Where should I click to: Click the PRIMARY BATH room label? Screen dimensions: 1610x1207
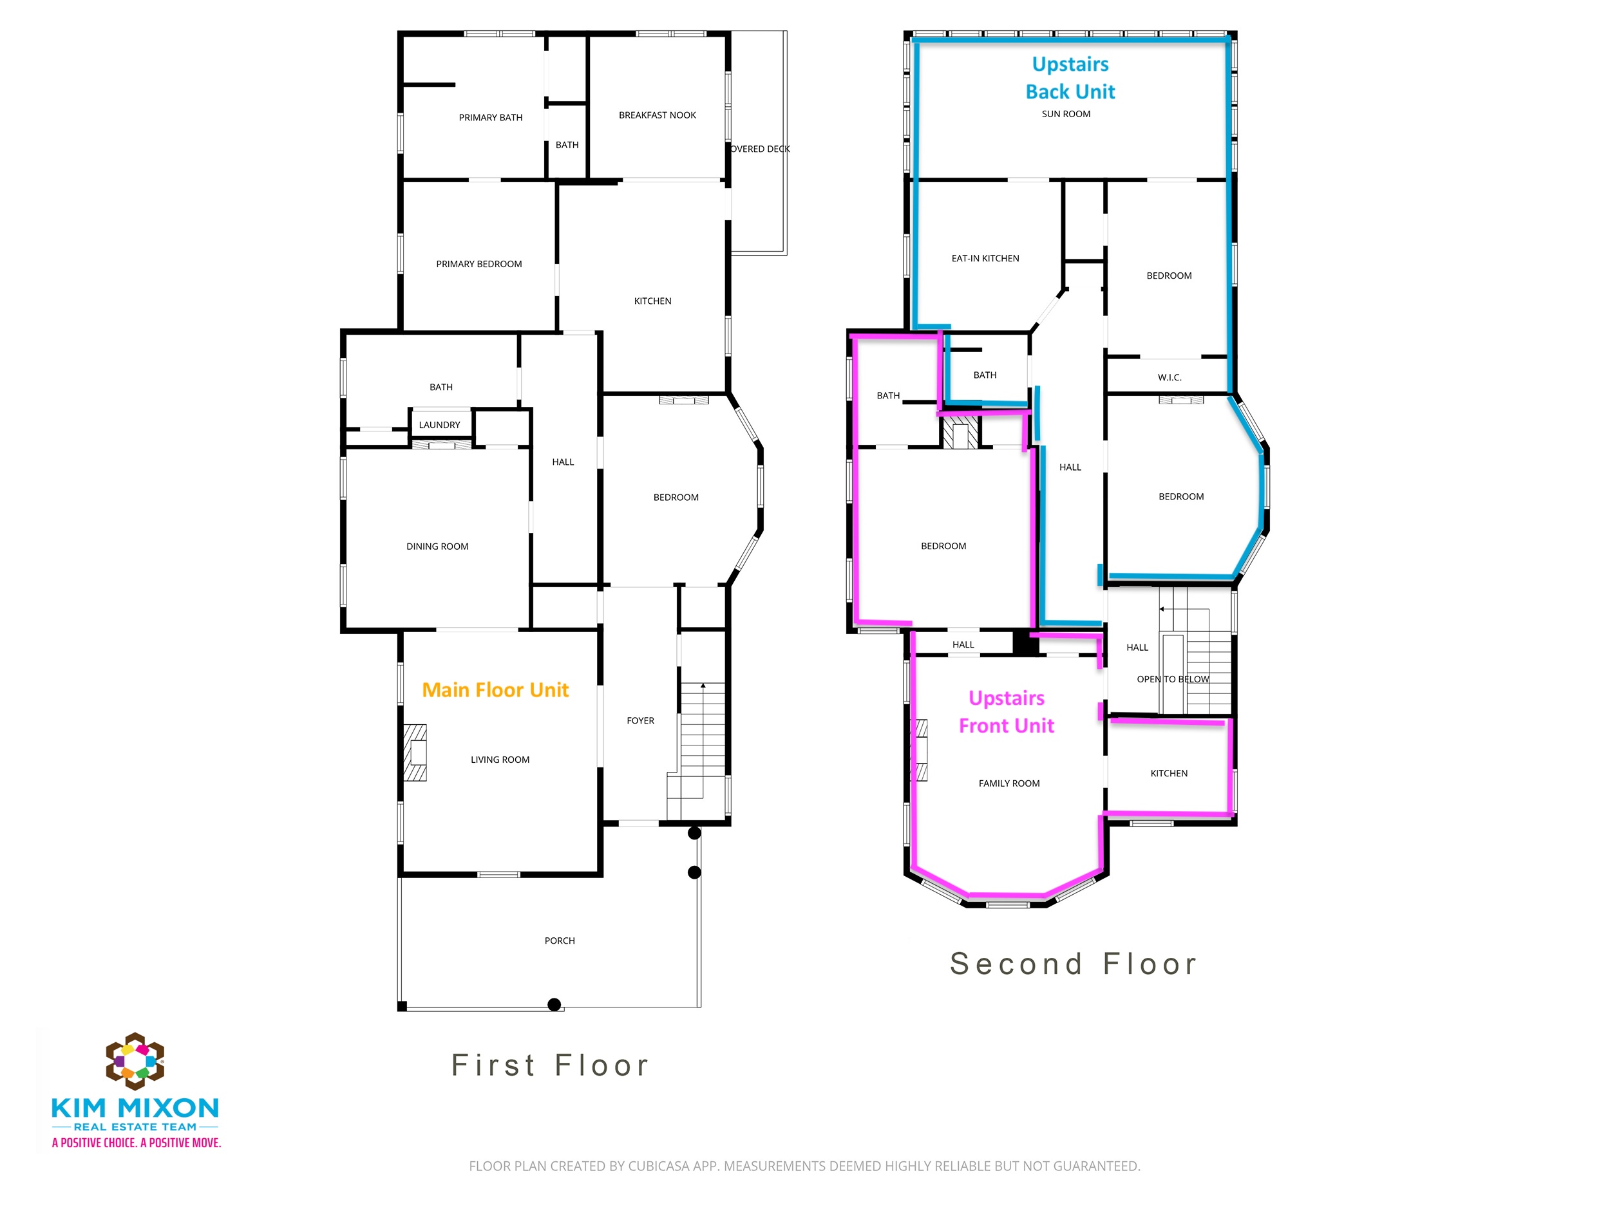[x=491, y=118]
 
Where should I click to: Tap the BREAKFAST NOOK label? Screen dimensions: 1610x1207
[x=658, y=115]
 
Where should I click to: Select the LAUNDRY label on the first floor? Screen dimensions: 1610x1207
[x=440, y=425]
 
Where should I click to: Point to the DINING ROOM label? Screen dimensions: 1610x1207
[x=437, y=547]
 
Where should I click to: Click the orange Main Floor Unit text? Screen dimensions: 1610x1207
[x=496, y=689]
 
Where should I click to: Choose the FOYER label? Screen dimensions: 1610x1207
[x=641, y=721]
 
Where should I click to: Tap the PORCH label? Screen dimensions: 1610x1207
[x=560, y=940]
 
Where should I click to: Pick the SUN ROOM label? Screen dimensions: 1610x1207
[x=1066, y=114]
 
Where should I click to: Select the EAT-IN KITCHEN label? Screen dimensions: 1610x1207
[x=985, y=258]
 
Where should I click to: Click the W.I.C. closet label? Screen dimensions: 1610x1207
[x=1170, y=378]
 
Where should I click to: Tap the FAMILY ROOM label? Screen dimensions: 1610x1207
[x=1009, y=783]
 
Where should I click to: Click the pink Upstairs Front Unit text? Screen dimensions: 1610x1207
[x=1007, y=711]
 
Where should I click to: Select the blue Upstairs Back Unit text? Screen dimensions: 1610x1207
[x=1071, y=78]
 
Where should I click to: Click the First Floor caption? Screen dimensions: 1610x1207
[x=550, y=1065]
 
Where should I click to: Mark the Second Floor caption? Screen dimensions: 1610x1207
[x=1074, y=964]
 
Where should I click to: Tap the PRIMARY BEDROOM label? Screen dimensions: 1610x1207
[x=479, y=264]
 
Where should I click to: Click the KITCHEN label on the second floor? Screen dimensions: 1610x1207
[x=1169, y=773]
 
